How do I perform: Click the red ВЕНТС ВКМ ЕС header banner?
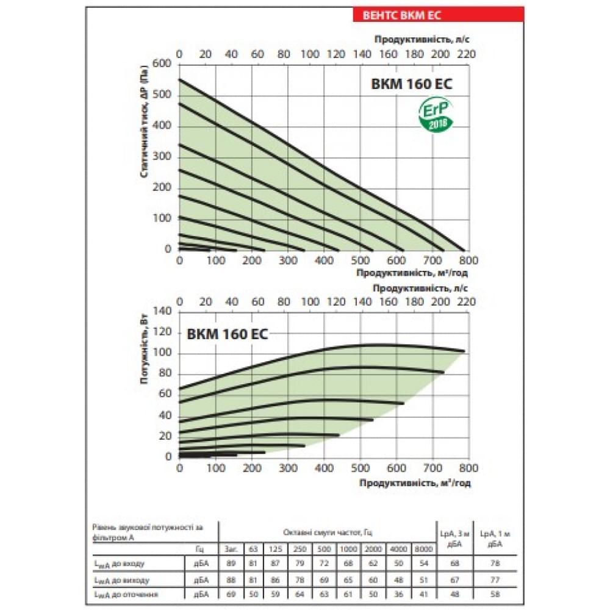pyautogui.click(x=438, y=15)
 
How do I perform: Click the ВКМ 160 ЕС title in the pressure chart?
pyautogui.click(x=412, y=85)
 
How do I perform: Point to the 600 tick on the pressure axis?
pyautogui.click(x=162, y=64)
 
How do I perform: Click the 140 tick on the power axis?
pyautogui.click(x=162, y=311)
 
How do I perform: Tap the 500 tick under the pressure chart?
pyautogui.click(x=360, y=260)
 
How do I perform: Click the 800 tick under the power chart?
pyautogui.click(x=468, y=468)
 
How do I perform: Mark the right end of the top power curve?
pyautogui.click(x=464, y=351)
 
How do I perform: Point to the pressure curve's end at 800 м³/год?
pyautogui.click(x=464, y=250)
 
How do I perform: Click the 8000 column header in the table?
pyautogui.click(x=422, y=549)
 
